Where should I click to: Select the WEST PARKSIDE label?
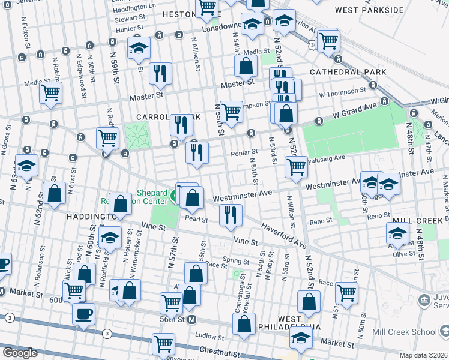point(369,10)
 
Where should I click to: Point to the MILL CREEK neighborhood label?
point(414,220)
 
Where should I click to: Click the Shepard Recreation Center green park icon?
point(174,196)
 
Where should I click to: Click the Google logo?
point(20,353)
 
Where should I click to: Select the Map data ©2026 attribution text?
point(423,355)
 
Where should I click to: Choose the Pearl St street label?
point(196,220)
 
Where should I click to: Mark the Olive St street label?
point(404,254)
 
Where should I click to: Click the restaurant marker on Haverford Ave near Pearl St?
point(231,215)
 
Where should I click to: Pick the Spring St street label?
point(235,261)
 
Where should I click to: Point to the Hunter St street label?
point(130,28)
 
